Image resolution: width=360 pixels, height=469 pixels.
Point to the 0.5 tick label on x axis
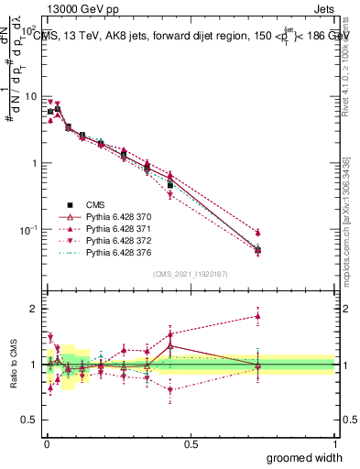pyautogui.click(x=191, y=443)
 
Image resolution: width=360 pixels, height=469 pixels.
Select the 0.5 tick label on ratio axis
pyautogui.click(x=29, y=420)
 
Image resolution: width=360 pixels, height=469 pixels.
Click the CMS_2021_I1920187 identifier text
pyautogui.click(x=190, y=274)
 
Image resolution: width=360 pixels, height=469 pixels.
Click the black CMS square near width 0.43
pyautogui.click(x=170, y=185)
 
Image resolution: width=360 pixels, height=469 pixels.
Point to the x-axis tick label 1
pyautogui.click(x=334, y=443)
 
